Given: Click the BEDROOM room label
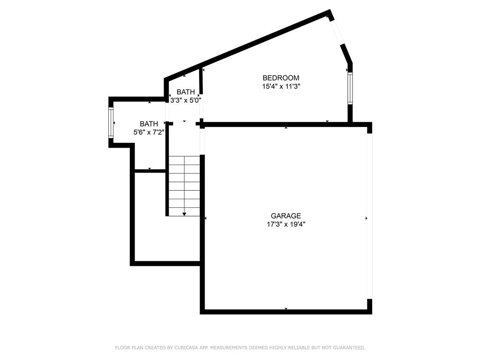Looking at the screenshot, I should tap(280, 78).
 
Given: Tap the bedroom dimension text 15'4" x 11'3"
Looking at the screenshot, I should tap(280, 86).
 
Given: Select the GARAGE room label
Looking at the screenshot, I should tap(286, 216).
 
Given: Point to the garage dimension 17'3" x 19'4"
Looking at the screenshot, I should tap(286, 225).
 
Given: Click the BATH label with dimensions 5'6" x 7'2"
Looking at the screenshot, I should tap(149, 124).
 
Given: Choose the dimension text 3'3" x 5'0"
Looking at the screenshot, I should tap(186, 100).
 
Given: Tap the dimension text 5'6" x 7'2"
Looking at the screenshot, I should tap(149, 132).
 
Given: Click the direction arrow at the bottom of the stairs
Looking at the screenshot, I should tap(184, 214).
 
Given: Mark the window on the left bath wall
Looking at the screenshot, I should tap(111, 123).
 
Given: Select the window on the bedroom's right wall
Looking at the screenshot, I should tap(350, 88).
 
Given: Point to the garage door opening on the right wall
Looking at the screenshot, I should tap(369, 216).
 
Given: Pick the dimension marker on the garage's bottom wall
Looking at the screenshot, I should tap(286, 309).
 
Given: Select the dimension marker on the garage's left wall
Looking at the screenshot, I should tap(205, 218).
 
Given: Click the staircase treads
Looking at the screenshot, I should tap(184, 185).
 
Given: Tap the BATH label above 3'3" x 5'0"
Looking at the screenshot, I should tap(186, 92).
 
